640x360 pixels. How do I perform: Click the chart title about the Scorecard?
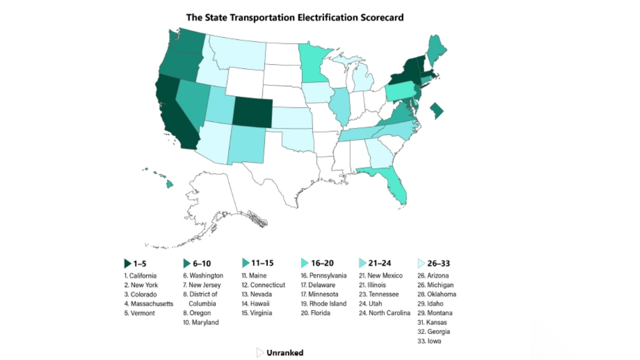coord(295,17)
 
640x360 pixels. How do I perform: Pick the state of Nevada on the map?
coord(192,103)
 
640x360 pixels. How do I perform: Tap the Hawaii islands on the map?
coord(169,183)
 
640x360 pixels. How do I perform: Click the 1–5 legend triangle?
coord(127,263)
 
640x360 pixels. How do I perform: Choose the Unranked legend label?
coord(285,353)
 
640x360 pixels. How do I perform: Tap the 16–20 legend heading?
coord(322,263)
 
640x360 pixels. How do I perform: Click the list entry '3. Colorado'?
coord(140,294)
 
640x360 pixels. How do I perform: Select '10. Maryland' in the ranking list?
coord(201,322)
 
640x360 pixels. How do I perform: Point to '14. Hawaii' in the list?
coord(255,304)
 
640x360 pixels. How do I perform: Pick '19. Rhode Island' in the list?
coord(323,304)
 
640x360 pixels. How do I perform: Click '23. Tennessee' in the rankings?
coord(379,294)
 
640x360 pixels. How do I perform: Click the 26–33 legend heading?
coord(438,263)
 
